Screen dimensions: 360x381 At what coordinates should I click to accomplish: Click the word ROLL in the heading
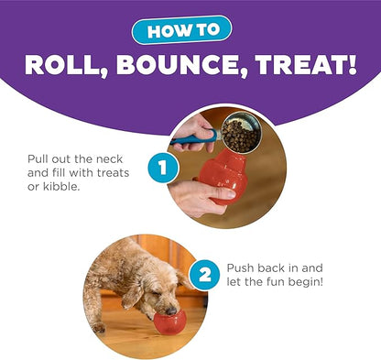63,66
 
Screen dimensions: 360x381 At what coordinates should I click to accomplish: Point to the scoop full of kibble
239,135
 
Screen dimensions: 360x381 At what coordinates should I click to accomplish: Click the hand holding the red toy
194,193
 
